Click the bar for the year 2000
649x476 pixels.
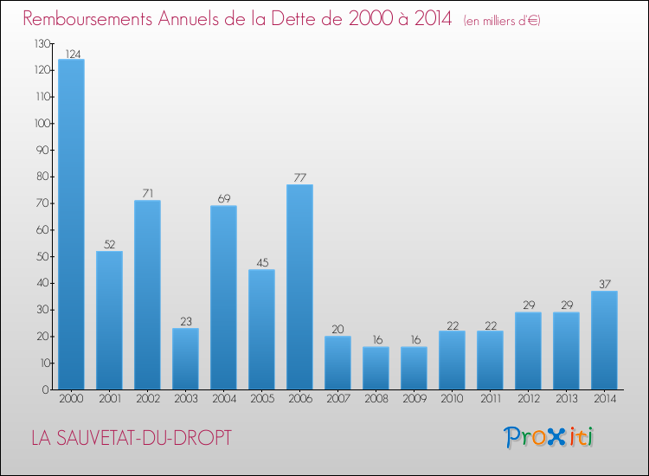tap(71, 224)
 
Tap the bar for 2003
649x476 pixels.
tap(185, 358)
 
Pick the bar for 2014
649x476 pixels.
tap(604, 340)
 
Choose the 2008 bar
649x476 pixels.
tap(376, 368)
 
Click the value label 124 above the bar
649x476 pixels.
tap(71, 54)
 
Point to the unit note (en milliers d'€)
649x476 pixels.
tap(501, 21)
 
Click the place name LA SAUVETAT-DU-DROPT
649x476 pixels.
tap(131, 438)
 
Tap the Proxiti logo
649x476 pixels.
tap(549, 437)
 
